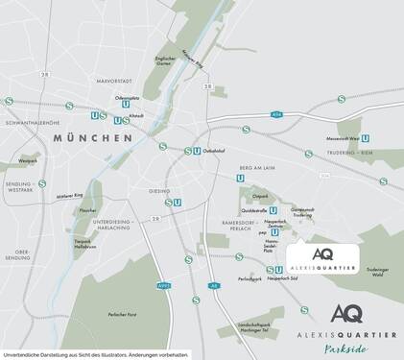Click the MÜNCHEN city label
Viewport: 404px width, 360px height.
(x=93, y=138)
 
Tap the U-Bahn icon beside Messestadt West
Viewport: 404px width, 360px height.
(x=368, y=137)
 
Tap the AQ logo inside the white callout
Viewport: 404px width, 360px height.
(x=323, y=253)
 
